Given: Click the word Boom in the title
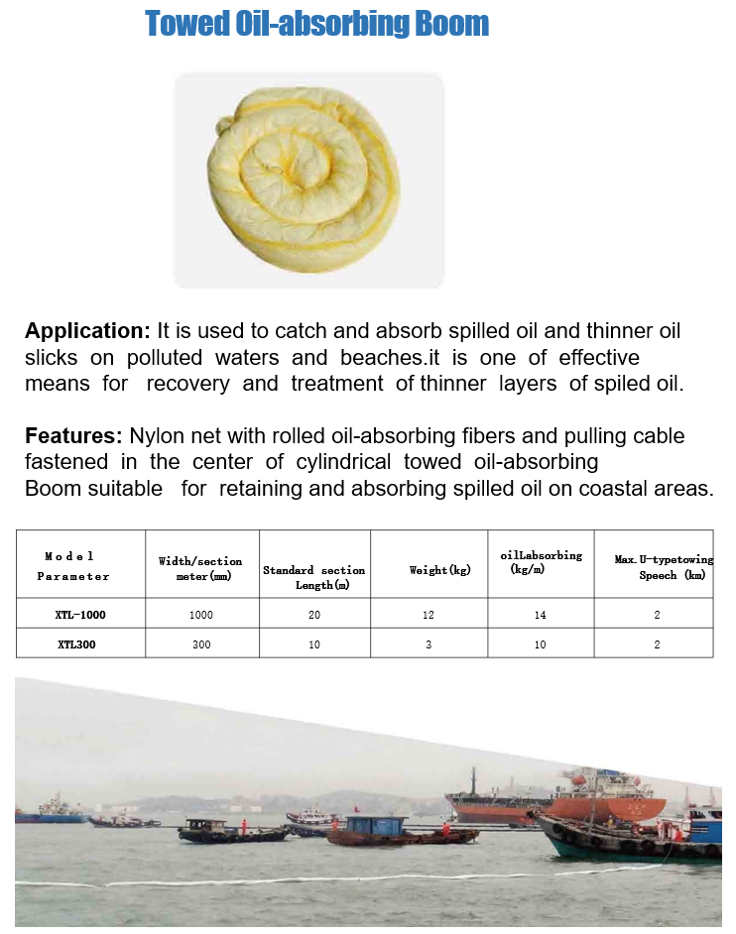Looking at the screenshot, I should click(x=455, y=24).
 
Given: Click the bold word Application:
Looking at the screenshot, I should click(x=87, y=331).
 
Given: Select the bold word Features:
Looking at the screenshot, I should click(x=73, y=436).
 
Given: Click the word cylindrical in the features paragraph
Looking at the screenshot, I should click(x=339, y=462).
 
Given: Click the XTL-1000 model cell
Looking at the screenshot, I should click(x=80, y=615).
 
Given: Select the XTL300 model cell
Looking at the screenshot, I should click(x=80, y=644).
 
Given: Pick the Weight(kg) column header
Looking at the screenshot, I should click(x=439, y=570).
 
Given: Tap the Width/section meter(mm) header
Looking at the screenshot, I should click(x=200, y=569).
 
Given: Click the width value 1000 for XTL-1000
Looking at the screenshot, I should click(x=201, y=615).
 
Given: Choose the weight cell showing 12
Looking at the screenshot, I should click(x=429, y=615).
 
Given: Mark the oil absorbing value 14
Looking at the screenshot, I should click(x=541, y=615).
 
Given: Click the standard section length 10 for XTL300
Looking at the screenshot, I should click(x=314, y=644).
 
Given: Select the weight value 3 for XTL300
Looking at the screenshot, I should click(x=429, y=644).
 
